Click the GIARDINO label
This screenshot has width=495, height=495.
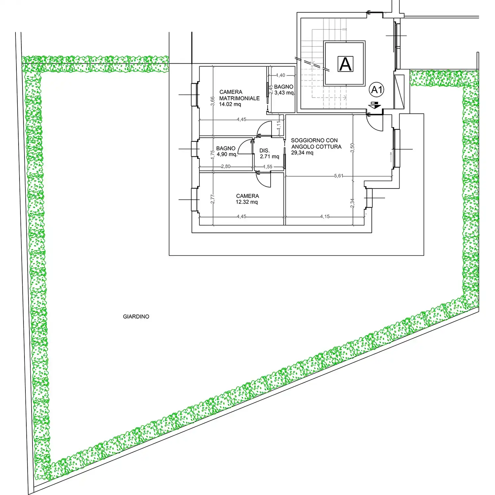pyautogui.click(x=136, y=316)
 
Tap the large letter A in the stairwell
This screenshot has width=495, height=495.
pyautogui.click(x=346, y=64)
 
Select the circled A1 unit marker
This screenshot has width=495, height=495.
pyautogui.click(x=377, y=90)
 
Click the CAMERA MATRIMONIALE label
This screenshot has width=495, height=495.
pyautogui.click(x=239, y=95)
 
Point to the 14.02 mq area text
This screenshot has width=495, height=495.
pyautogui.click(x=230, y=104)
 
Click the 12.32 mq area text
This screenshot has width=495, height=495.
pyautogui.click(x=247, y=202)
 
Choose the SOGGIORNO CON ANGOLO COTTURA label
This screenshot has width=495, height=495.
pyautogui.click(x=316, y=144)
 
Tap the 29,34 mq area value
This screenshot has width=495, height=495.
pyautogui.click(x=302, y=152)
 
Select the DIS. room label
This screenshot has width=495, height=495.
pyautogui.click(x=264, y=150)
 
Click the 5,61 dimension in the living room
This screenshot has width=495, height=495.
pyautogui.click(x=339, y=176)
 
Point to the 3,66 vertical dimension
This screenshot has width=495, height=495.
pyautogui.click(x=213, y=101)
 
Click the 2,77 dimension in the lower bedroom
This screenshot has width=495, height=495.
pyautogui.click(x=213, y=199)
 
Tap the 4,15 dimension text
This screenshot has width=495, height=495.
pyautogui.click(x=325, y=216)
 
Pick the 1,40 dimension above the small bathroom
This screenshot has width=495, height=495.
pyautogui.click(x=280, y=75)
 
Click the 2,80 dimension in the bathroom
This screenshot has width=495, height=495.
pyautogui.click(x=226, y=166)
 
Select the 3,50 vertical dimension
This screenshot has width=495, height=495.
pyautogui.click(x=352, y=148)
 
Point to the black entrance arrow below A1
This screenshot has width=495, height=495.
pyautogui.click(x=375, y=106)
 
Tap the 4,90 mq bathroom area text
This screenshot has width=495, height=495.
pyautogui.click(x=227, y=154)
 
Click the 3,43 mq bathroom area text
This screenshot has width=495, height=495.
pyautogui.click(x=285, y=93)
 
